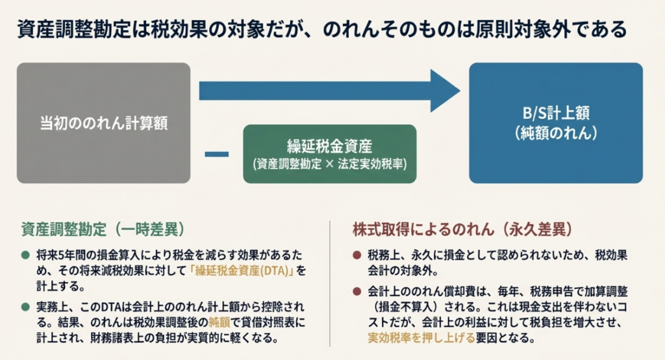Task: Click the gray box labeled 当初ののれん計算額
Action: tap(103, 122)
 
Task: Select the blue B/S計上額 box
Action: tap(556, 122)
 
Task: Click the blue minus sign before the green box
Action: tap(216, 154)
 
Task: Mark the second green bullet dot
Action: tap(25, 304)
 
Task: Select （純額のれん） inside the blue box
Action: tap(556, 133)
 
